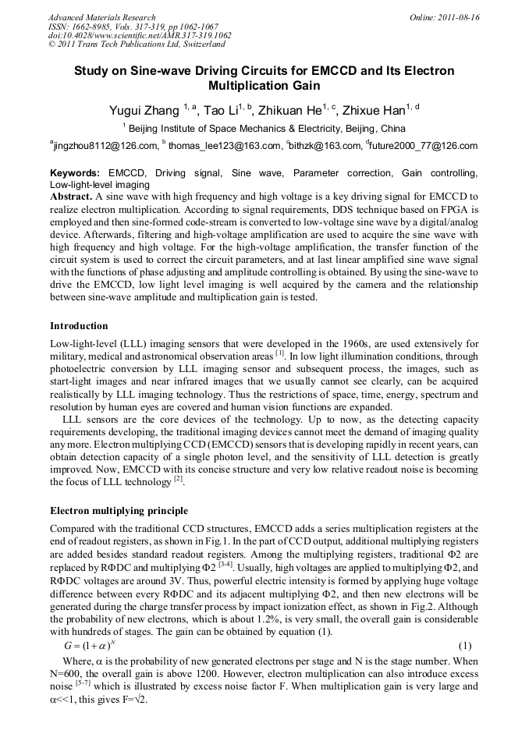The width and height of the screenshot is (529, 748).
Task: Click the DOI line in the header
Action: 140,35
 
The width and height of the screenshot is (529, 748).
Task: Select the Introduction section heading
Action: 79,325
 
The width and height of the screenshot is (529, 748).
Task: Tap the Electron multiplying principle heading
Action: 119,512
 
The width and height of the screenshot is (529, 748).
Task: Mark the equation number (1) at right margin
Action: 471,647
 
